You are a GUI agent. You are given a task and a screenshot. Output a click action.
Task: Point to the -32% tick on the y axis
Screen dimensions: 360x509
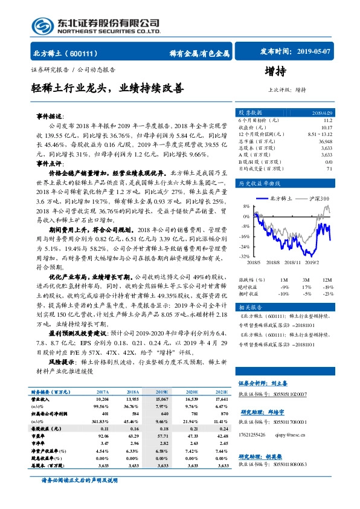tap(245, 256)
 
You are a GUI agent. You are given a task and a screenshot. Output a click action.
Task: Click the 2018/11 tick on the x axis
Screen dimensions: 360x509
tap(291, 262)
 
